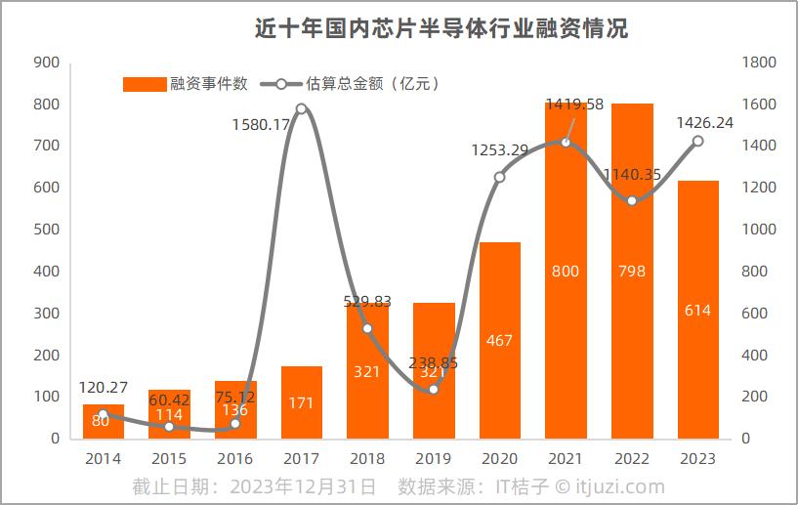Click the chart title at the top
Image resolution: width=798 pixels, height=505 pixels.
click(x=441, y=28)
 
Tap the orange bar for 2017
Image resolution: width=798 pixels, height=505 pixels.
click(x=301, y=402)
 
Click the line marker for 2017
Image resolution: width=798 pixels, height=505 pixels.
click(x=301, y=108)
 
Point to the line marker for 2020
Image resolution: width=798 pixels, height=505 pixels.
click(x=499, y=177)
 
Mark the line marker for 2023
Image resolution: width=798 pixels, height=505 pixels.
click(x=697, y=141)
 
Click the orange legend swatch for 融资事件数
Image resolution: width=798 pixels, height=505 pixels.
click(x=145, y=84)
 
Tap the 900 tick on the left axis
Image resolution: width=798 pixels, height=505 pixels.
click(x=47, y=63)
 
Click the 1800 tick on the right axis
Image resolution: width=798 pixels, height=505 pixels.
click(x=759, y=63)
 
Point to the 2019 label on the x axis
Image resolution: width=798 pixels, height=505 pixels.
click(x=433, y=458)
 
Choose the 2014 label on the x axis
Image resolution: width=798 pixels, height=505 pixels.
click(x=103, y=458)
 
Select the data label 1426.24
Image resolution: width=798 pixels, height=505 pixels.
click(x=703, y=122)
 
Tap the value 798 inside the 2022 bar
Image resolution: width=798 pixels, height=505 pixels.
click(x=632, y=271)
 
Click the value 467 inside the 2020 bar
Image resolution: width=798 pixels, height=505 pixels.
click(x=499, y=340)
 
